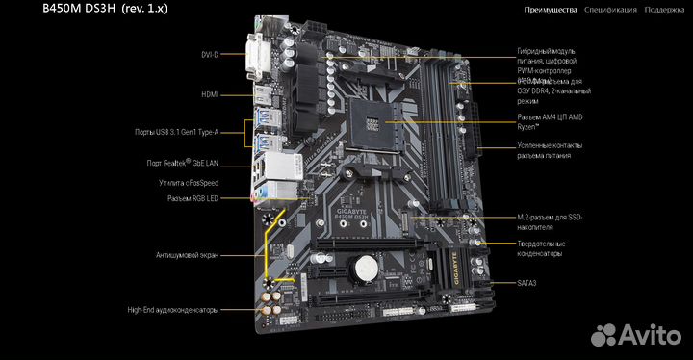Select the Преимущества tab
tap(551, 10)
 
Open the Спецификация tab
tap(609, 10)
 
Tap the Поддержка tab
tap(666, 10)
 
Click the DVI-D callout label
tap(209, 55)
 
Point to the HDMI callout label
tap(210, 94)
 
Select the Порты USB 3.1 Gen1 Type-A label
tap(176, 132)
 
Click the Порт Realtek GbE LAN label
tap(184, 164)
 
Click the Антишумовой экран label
tap(187, 255)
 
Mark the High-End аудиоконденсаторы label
tap(172, 310)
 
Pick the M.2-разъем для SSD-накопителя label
tap(549, 223)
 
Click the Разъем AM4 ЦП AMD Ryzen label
tap(551, 120)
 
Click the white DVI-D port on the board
tap(260, 55)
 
